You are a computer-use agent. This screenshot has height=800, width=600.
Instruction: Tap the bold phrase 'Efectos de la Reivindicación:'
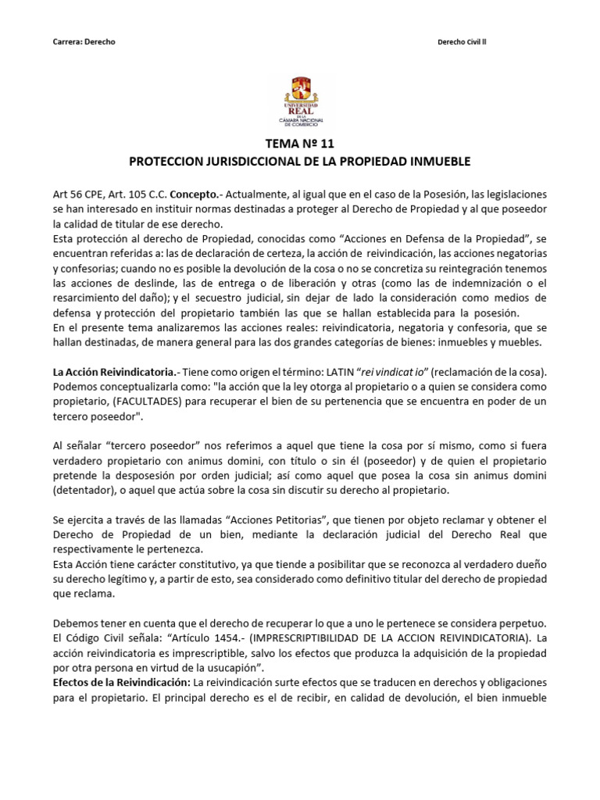[120, 681]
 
